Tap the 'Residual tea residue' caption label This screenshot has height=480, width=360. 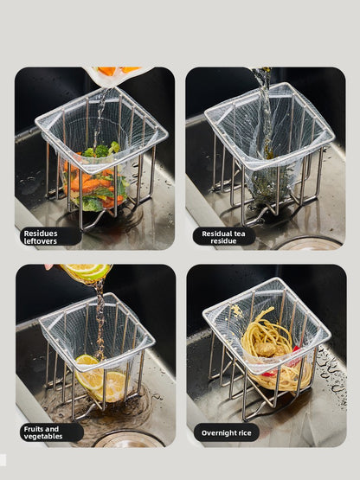click(x=223, y=237)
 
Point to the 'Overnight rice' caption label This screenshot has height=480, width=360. click(x=227, y=432)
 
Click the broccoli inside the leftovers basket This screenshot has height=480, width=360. click(x=101, y=150)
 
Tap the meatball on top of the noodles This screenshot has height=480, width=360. click(x=265, y=349)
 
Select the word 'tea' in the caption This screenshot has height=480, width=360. click(x=239, y=234)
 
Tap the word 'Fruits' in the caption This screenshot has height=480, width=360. click(x=34, y=429)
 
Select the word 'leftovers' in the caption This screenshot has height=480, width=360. click(x=41, y=241)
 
